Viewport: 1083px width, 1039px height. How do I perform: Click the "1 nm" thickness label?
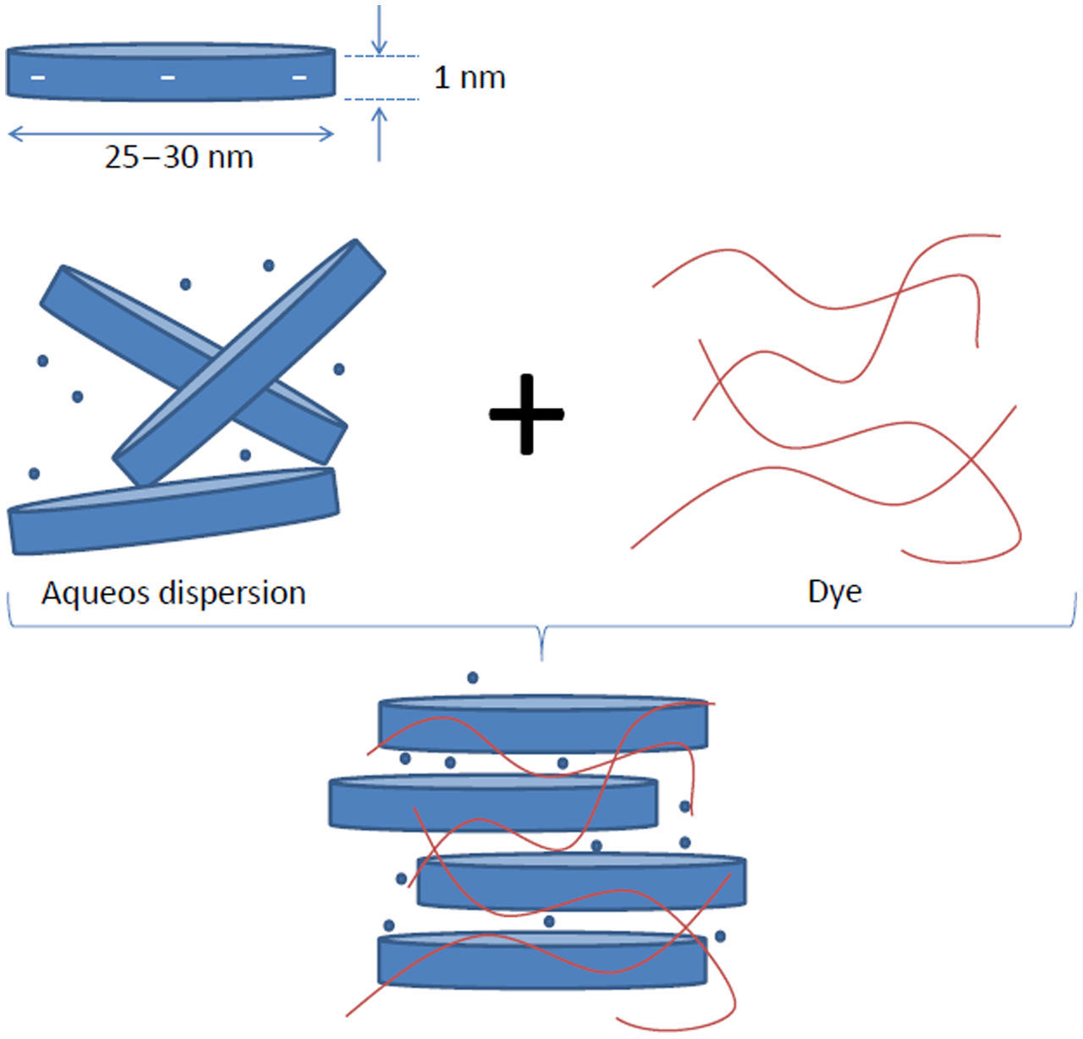(470, 78)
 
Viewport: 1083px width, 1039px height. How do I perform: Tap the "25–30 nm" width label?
(179, 157)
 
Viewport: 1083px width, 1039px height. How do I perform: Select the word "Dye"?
(834, 591)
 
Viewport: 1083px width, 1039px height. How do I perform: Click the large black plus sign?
(526, 414)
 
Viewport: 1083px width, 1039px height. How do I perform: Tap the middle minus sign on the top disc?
(168, 78)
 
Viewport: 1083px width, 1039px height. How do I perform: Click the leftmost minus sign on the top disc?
(39, 78)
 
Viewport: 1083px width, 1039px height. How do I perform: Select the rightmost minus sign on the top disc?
(300, 78)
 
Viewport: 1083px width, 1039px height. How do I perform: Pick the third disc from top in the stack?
(582, 882)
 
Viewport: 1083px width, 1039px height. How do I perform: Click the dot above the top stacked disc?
(473, 678)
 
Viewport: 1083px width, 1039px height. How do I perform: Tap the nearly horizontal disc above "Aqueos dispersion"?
(173, 511)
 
